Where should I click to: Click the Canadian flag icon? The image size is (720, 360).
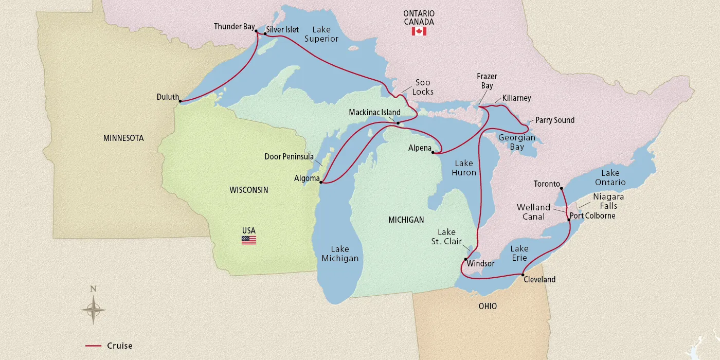coord(419,31)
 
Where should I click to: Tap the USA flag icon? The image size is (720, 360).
coord(248,240)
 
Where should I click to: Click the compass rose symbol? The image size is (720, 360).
coord(93,310)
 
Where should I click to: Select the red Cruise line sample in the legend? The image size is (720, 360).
coord(93,346)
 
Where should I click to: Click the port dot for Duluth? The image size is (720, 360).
coord(180,101)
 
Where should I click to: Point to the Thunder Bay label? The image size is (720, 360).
coord(234,27)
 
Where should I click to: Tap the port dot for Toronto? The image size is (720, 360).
coord(561,188)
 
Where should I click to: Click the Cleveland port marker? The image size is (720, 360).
coord(523,275)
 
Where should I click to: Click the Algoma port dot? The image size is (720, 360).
coord(320,182)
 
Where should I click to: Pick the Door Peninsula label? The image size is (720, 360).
coord(289,156)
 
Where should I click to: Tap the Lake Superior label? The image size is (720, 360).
coord(321,34)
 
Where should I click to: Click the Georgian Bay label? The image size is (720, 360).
coord(517,142)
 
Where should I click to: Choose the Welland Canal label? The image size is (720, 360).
coord(533,212)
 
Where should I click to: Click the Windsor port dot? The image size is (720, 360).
coord(465,259)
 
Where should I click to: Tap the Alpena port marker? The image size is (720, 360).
coord(433,152)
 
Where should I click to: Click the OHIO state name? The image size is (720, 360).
coord(487,306)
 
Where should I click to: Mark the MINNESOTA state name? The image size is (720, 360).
coord(123,138)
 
